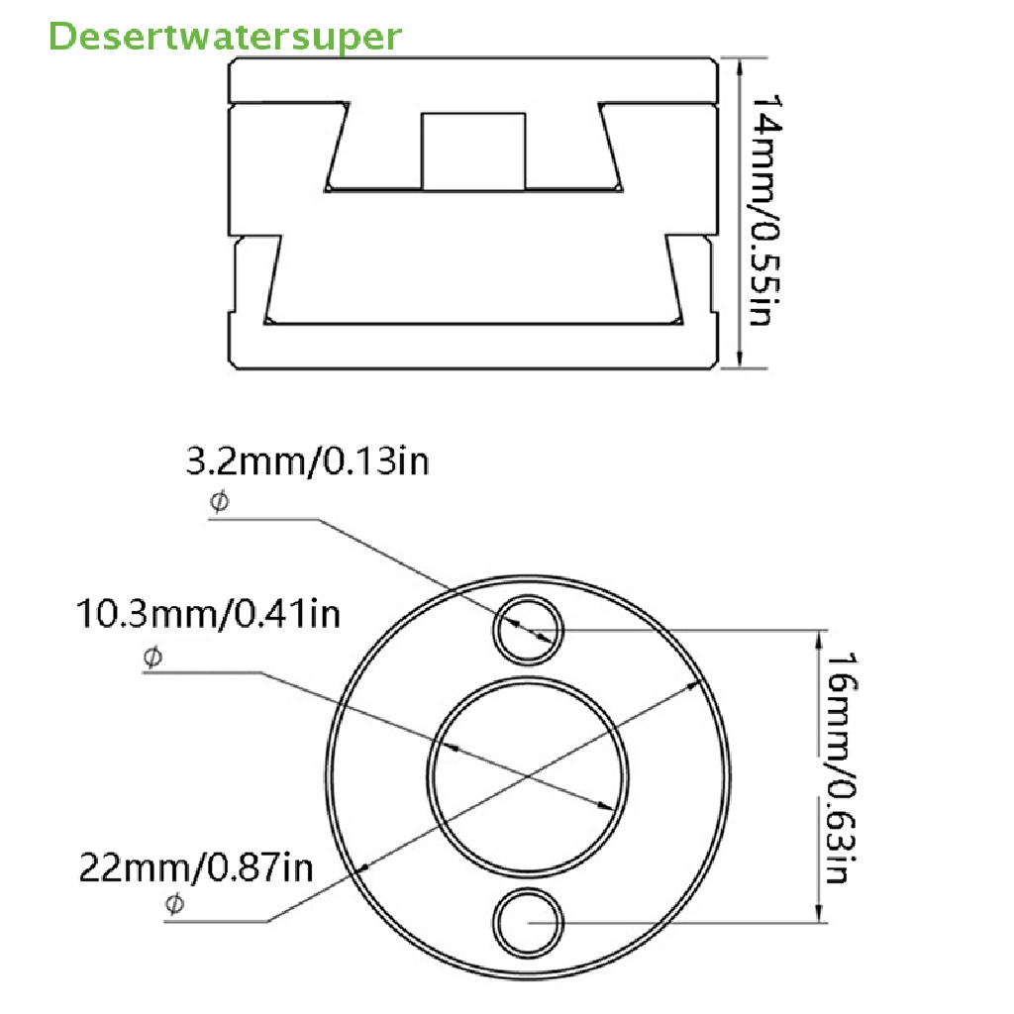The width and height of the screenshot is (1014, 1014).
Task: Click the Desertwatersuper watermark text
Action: (x=226, y=37)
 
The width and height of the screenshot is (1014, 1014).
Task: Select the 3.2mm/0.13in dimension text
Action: (x=308, y=461)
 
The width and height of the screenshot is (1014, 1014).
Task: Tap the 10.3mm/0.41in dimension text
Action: (x=209, y=614)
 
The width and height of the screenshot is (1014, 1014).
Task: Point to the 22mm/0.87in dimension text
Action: (x=196, y=868)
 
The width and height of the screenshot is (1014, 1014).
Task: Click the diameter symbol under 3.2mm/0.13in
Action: (x=218, y=503)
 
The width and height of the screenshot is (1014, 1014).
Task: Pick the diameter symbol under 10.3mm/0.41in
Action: (x=152, y=657)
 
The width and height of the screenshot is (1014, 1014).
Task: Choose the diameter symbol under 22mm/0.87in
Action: (x=174, y=903)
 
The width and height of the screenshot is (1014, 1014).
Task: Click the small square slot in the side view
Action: (x=473, y=151)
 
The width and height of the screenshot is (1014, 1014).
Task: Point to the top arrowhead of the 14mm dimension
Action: (x=739, y=65)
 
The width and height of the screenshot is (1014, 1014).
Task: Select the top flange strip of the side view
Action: (x=473, y=80)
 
